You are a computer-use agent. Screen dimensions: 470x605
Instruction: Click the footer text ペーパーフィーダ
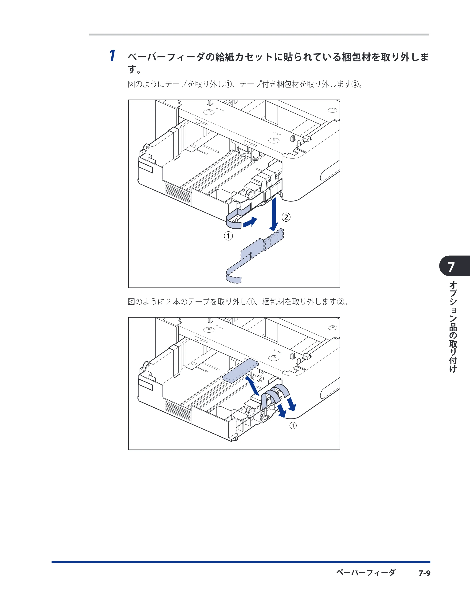(x=366, y=573)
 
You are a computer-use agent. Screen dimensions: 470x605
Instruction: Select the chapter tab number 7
(x=451, y=267)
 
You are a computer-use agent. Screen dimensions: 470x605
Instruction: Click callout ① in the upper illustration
(x=228, y=236)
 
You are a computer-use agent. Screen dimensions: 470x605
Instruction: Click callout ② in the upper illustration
(x=286, y=217)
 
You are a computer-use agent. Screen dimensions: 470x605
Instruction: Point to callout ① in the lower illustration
(x=293, y=426)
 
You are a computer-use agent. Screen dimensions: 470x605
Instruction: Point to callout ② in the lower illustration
(x=260, y=378)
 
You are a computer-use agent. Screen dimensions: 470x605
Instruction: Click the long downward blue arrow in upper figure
(x=274, y=214)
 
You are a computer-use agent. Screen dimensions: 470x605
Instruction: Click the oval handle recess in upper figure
(x=330, y=171)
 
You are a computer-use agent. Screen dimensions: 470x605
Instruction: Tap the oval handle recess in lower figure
(x=330, y=389)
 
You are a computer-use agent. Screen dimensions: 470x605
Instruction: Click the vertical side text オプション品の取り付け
(x=453, y=327)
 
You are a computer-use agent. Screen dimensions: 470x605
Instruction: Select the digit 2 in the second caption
(x=168, y=302)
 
